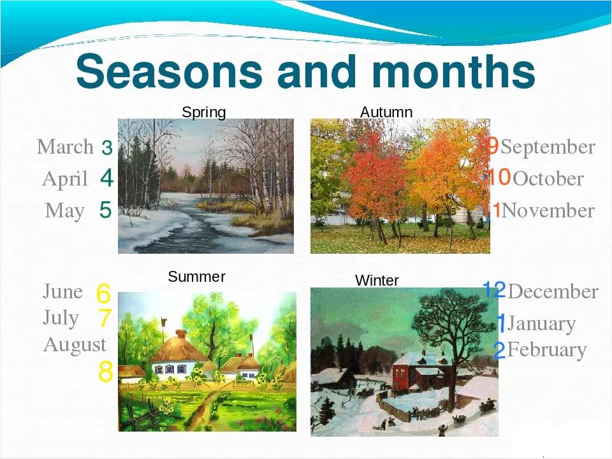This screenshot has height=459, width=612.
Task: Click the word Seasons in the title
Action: pos(169,71)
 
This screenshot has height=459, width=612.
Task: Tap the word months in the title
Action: pos(453,71)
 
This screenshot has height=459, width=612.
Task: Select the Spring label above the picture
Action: pos(204,112)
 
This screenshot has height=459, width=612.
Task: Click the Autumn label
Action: pos(386,112)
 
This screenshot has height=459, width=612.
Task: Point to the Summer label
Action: pos(196,277)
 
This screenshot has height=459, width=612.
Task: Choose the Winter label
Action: pos(377,280)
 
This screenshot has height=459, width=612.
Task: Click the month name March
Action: pos(65,147)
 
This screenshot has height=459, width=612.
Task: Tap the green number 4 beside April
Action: pos(106,178)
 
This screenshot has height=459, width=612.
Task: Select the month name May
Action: pos(64,211)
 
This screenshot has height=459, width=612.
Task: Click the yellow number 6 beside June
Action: pos(103,293)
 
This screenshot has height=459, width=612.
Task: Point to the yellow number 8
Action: pos(105,371)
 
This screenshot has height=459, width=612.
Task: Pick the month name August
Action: pos(75,346)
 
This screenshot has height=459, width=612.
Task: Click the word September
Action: pos(548,147)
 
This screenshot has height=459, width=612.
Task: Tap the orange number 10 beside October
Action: pos(499,177)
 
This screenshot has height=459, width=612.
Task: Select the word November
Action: pos(548,211)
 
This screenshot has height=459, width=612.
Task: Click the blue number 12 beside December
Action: pos(494,289)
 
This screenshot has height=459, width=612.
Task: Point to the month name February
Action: pos(547,350)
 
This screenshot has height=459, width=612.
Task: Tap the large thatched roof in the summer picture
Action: pos(179,347)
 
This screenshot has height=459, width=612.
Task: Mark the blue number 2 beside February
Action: pos(500,350)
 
